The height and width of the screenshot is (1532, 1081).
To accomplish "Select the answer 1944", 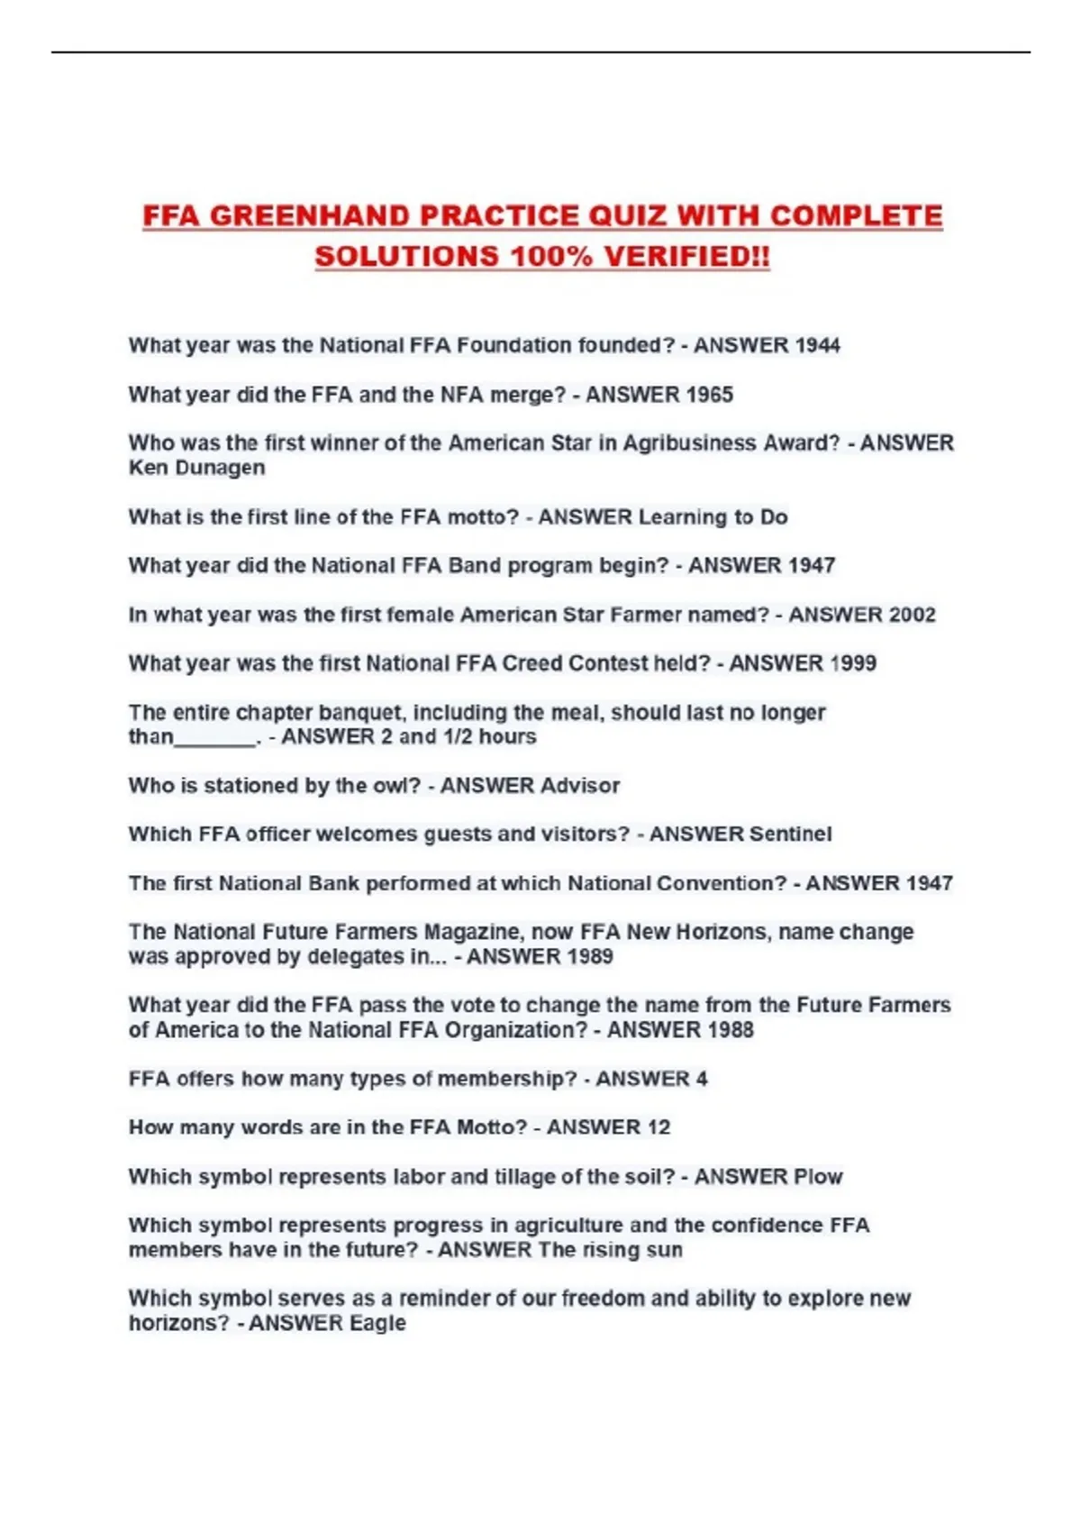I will pyautogui.click(x=817, y=345).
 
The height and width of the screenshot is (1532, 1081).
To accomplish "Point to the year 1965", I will pyautogui.click(x=709, y=395).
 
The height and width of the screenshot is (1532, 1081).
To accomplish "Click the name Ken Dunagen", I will pyautogui.click(x=196, y=468).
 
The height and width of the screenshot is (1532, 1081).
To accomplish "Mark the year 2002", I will pyautogui.click(x=912, y=615).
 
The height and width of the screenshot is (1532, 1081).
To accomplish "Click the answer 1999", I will pyautogui.click(x=852, y=663).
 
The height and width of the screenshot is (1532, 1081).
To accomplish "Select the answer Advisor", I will pyautogui.click(x=577, y=786).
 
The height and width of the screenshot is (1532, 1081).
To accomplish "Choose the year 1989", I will pyautogui.click(x=589, y=956).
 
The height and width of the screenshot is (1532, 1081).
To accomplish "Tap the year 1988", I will pyautogui.click(x=730, y=1030).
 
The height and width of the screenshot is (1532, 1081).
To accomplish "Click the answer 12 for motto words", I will pyautogui.click(x=659, y=1127).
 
